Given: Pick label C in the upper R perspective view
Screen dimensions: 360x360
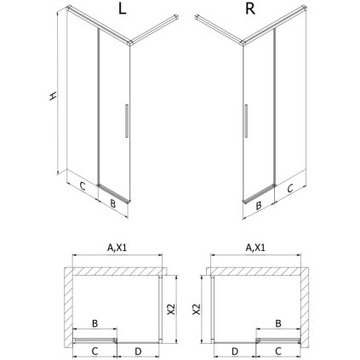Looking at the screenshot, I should (289, 186).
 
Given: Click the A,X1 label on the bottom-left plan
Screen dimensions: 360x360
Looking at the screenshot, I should (116, 249).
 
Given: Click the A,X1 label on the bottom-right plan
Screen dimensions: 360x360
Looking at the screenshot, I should (255, 249).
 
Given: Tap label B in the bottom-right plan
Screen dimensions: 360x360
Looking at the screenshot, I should (278, 323).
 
